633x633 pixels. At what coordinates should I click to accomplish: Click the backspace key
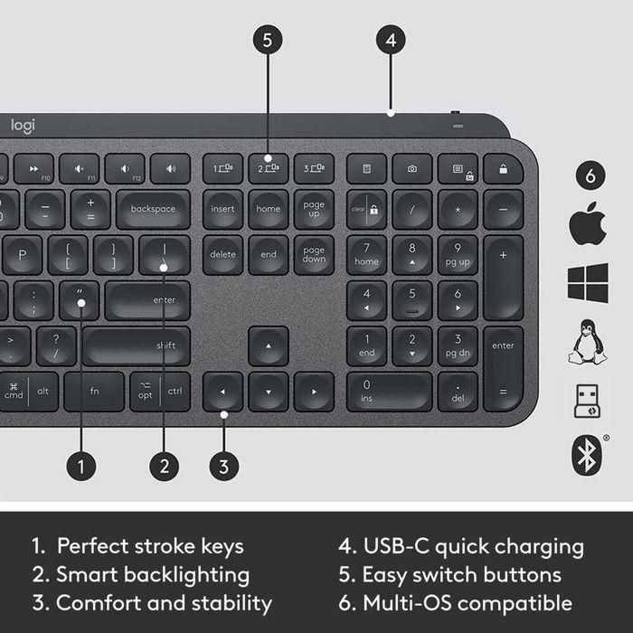(x=153, y=209)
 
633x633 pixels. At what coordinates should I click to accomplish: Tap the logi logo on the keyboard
(x=23, y=127)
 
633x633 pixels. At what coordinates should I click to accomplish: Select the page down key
(x=314, y=254)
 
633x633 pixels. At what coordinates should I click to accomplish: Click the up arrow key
(x=269, y=345)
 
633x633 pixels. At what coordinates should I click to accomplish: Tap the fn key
(x=94, y=391)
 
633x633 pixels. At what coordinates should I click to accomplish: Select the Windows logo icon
(x=588, y=283)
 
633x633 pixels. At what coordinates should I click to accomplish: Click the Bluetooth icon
(x=588, y=457)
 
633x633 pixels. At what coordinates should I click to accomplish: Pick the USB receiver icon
(x=588, y=401)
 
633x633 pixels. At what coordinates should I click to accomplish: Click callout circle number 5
(x=268, y=40)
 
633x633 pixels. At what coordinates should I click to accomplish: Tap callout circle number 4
(x=390, y=40)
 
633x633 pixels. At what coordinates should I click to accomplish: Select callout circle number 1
(x=81, y=466)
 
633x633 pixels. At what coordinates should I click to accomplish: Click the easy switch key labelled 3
(x=314, y=168)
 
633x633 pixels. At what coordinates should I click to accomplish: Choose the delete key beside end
(x=223, y=254)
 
